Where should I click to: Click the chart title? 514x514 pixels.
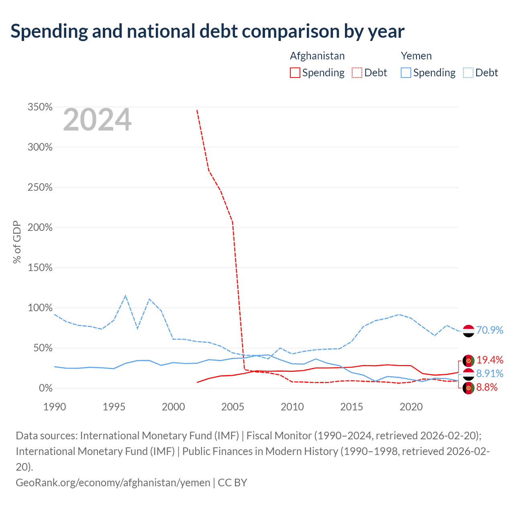point(207,31)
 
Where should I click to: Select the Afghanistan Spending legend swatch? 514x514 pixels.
point(295,73)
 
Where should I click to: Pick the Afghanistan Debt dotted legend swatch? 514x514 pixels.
point(357,73)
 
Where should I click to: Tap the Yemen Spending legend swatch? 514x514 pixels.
point(406,73)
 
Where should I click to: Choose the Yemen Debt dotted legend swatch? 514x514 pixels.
point(468,73)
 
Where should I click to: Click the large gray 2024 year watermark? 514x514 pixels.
point(97,119)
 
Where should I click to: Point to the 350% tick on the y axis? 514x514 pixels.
point(40,107)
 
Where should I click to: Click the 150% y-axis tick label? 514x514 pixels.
point(40,267)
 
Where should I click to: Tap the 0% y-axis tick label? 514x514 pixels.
point(46,388)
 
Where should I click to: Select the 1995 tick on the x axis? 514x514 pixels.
point(114,407)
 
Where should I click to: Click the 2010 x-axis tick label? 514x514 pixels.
point(292,407)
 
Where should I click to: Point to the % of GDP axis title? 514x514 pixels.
point(17,242)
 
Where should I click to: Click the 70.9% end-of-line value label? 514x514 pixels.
point(490,330)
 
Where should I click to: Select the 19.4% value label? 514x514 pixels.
point(490,360)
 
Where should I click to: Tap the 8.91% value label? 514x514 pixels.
point(490,373)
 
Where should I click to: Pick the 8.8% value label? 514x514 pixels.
point(487,387)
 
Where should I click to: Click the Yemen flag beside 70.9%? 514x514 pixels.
point(468,331)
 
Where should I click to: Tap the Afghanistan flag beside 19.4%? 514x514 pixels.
point(468,361)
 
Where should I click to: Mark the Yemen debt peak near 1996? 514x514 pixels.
point(125,296)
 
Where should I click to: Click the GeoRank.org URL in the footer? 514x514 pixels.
point(113,483)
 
